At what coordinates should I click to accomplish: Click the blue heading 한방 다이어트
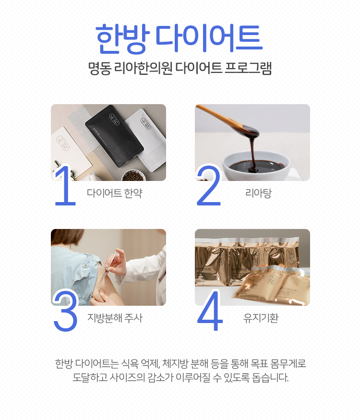[x=179, y=38]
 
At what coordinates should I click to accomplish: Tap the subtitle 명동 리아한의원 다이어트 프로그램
[x=180, y=68]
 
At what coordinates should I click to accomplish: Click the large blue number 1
[x=64, y=185]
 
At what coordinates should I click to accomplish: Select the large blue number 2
[x=209, y=185]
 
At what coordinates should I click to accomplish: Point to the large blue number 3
[x=66, y=311]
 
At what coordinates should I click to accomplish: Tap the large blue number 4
[x=210, y=311]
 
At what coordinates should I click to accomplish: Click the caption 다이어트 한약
[x=114, y=193]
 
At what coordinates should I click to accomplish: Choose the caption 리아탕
[x=259, y=193]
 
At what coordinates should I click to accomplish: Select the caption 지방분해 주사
[x=115, y=318]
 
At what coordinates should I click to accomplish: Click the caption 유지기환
[x=261, y=318]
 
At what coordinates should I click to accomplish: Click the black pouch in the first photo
[x=114, y=134]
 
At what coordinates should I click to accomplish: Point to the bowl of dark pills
[x=133, y=176]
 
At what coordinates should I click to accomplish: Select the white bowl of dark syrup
[x=256, y=166]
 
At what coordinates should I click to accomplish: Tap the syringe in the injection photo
[x=108, y=268]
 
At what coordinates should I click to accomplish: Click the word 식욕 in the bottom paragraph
[x=130, y=363]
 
